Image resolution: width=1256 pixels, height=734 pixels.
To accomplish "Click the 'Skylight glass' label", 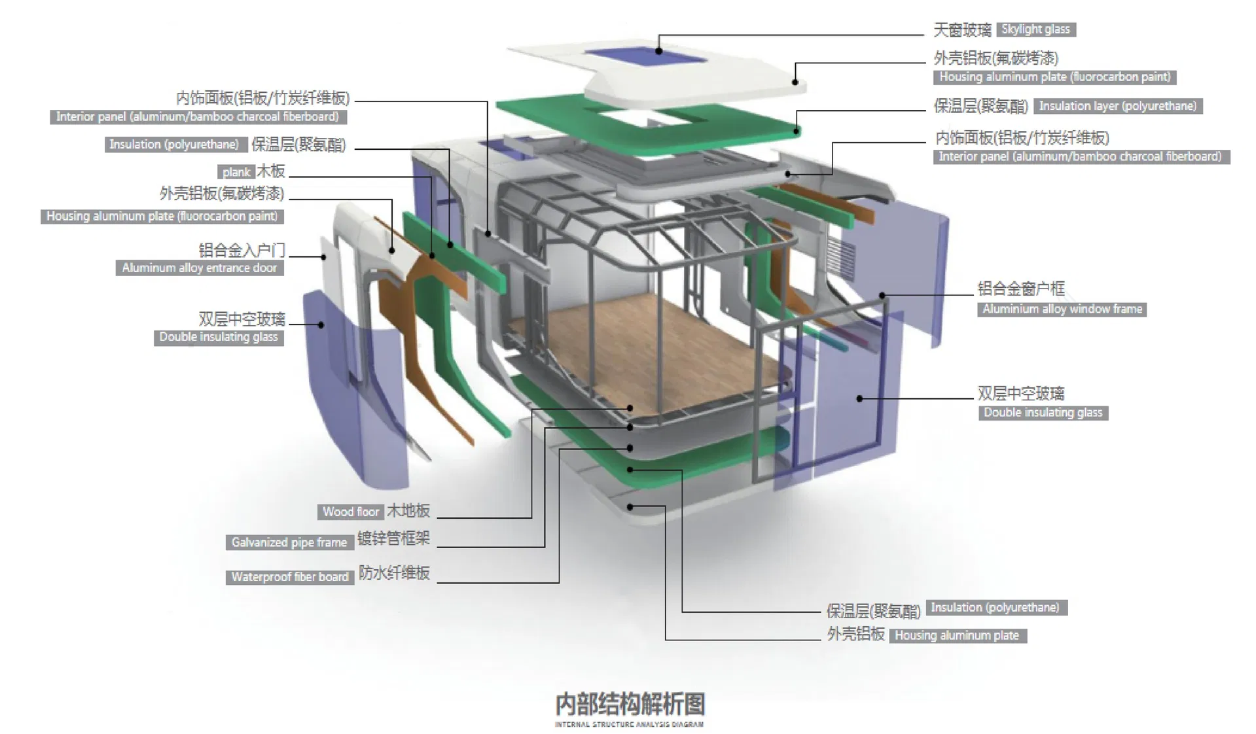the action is pos(1036,29).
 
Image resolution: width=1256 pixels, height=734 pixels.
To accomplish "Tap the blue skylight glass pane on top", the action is pos(644,56).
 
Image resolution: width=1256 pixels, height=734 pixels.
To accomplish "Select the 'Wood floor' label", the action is pos(351,512).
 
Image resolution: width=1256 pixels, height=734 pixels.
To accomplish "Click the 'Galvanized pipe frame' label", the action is pos(289,542).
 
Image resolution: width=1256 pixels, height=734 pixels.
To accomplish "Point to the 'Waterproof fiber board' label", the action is pos(289,577).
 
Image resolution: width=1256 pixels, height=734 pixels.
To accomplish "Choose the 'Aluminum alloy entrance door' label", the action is pos(200,268).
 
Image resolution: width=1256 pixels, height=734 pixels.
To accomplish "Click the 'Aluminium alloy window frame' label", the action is pos(1062,309).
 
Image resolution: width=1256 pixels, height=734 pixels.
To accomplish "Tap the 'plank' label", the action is pos(236,172).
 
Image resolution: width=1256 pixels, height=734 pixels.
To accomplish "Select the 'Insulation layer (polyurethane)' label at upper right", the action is pos(1118,106).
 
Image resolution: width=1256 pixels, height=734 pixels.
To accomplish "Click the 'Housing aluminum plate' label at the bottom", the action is pos(957,635).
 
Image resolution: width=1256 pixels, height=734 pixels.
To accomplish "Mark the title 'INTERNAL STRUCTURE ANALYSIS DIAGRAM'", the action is pos(629,724).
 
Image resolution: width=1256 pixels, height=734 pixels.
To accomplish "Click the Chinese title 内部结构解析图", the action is pos(630,705).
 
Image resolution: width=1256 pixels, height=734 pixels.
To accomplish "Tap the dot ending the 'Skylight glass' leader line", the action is pos(659,51).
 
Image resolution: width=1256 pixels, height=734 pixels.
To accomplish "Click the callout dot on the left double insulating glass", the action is pos(321,324).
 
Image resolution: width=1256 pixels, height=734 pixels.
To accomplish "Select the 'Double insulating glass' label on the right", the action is pos(1043,413).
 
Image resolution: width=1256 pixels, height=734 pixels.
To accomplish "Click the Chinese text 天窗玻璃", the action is pos(962,30).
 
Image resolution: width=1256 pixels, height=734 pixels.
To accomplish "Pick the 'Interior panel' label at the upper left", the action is pos(198,117).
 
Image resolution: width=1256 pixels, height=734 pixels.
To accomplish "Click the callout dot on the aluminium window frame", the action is pos(882,296).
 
